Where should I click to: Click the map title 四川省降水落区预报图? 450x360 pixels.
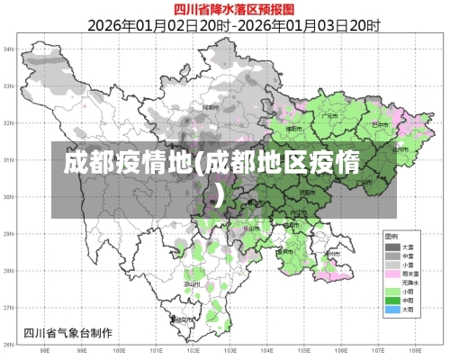click(224, 8)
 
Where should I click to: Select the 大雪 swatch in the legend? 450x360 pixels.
click(391, 247)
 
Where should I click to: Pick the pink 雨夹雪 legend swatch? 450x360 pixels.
click(391, 273)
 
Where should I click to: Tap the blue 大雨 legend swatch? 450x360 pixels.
click(391, 309)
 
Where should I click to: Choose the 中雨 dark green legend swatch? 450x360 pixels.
click(391, 300)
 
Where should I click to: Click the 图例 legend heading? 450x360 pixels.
click(391, 237)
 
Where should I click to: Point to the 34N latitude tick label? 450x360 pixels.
click(8, 49)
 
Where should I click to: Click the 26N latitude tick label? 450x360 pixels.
click(8, 344)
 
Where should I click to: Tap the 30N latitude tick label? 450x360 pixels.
click(8, 196)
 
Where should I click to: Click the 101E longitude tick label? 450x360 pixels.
click(157, 351)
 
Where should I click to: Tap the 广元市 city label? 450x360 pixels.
click(331, 115)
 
